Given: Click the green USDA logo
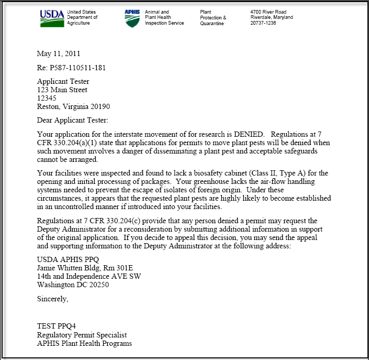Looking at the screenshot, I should (52, 18).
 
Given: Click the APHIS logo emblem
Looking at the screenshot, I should (132, 18).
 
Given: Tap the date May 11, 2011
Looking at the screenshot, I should (59, 53).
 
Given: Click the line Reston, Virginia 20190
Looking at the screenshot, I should (73, 106).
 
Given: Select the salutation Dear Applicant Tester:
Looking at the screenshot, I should (72, 121).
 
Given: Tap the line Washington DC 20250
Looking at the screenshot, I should (73, 285).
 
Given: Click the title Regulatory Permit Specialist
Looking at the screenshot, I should (82, 335).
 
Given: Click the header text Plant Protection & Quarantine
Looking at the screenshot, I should (213, 17).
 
